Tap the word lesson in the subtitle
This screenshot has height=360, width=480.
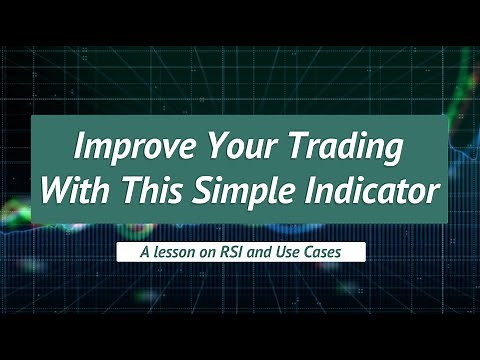168,253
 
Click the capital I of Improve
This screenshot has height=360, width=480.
81,149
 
